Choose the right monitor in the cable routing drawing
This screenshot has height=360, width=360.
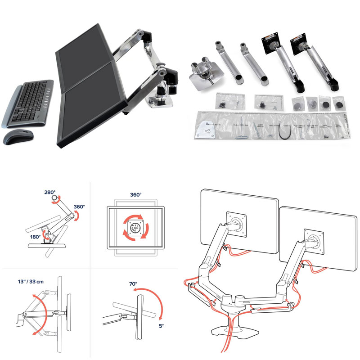click(x=315, y=234)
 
